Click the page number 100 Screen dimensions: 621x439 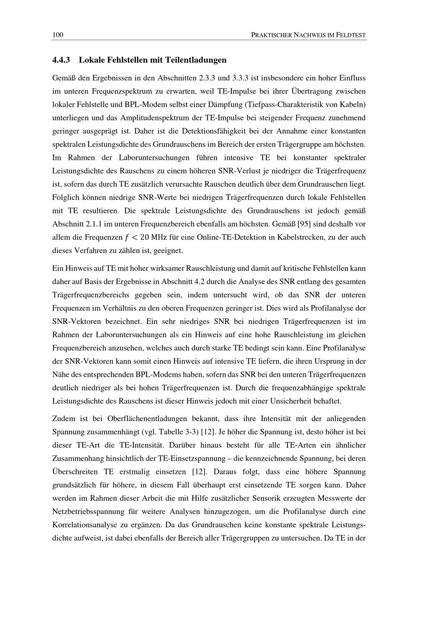(x=58, y=35)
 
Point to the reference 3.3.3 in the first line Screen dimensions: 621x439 (x=240, y=78)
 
